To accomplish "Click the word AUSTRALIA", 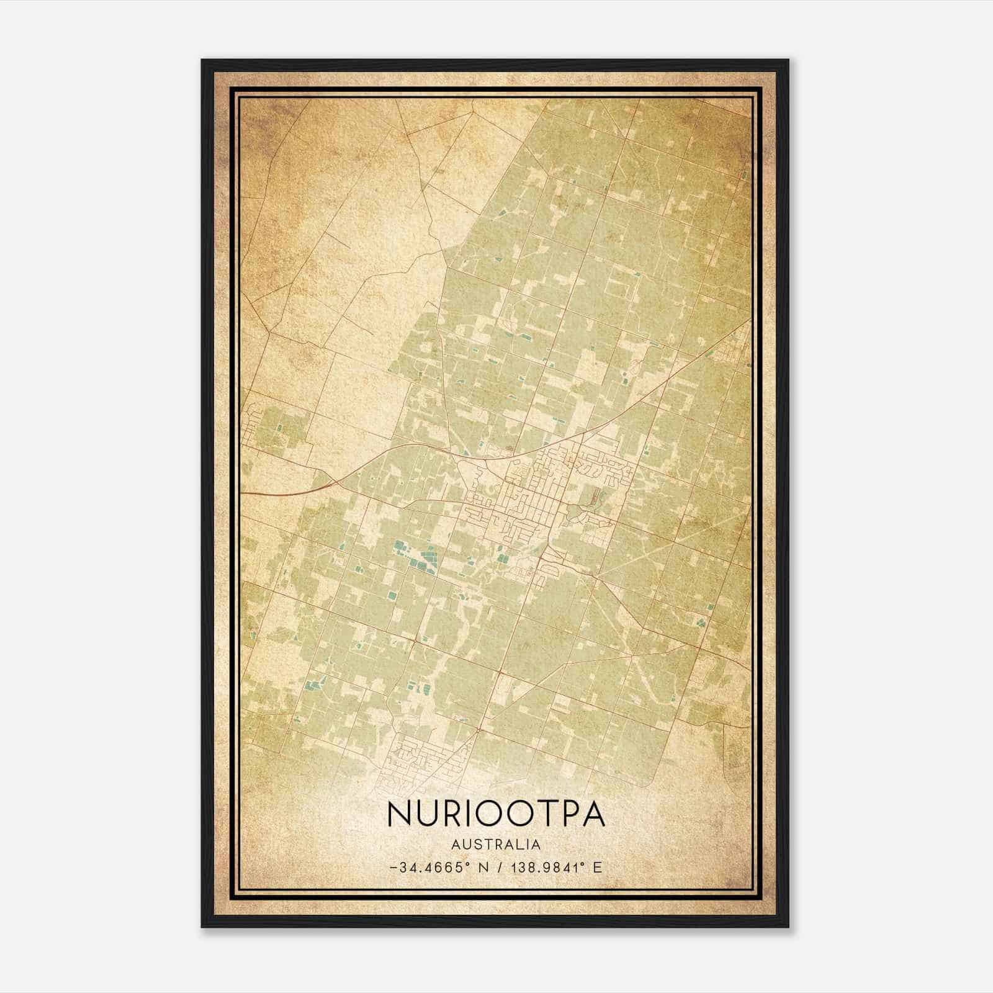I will point(496,844).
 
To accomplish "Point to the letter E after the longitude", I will point(598,867).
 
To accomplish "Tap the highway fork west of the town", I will point(328,483).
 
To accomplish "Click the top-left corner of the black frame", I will point(202,61).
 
